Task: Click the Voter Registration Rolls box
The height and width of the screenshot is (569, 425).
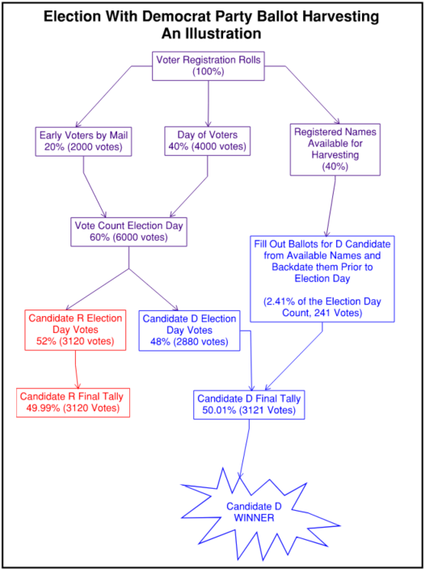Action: coord(208,66)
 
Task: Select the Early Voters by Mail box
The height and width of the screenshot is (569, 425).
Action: coord(84,141)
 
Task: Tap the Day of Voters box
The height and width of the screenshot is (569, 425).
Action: coord(208,141)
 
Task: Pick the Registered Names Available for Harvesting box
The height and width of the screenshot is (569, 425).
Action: coord(335,150)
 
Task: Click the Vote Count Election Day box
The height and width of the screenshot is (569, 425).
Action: coord(129,231)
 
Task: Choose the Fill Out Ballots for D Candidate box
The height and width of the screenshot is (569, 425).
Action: coord(322,279)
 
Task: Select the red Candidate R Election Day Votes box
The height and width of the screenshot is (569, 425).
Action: coord(75,330)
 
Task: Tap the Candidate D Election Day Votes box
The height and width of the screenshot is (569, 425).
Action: coord(189,331)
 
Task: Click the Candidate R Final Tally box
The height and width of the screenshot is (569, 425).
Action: coord(72,403)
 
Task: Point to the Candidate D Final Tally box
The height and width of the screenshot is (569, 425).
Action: coord(249,405)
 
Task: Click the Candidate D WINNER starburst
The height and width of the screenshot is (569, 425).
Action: coord(254,512)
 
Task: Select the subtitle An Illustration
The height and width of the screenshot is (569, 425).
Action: coord(212,34)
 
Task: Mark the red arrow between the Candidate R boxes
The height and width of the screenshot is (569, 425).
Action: coord(76,369)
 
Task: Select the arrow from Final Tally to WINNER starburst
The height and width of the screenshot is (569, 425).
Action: coord(244,449)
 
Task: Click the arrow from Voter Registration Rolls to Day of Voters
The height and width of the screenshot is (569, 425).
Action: coord(208,103)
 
